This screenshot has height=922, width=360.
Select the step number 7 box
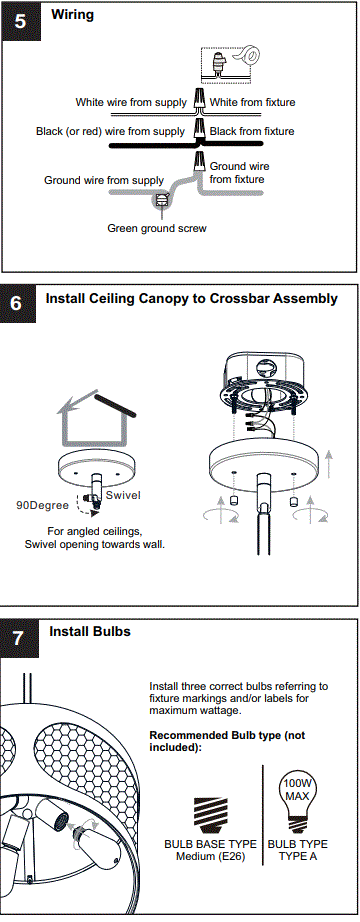tap(20, 638)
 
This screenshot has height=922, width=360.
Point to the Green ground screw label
tap(157, 228)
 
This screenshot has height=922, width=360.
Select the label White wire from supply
tap(130, 103)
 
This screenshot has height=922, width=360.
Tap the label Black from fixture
tap(252, 131)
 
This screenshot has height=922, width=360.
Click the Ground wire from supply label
tap(104, 180)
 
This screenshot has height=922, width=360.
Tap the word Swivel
tap(124, 495)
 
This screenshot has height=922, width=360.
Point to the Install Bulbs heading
tap(90, 631)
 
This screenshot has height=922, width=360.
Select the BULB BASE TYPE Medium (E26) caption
tap(210, 850)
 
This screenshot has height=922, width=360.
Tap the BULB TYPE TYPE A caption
tap(297, 850)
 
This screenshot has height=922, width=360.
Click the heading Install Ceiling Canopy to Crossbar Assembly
tap(192, 298)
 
